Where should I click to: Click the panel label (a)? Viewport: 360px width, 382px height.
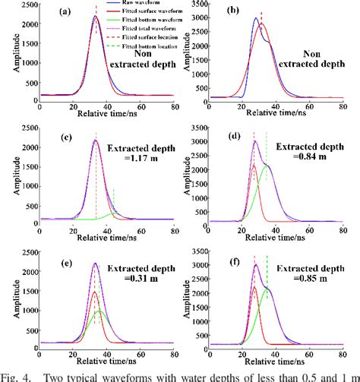[67, 11]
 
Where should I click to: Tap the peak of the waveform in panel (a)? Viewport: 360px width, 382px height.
[96, 16]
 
